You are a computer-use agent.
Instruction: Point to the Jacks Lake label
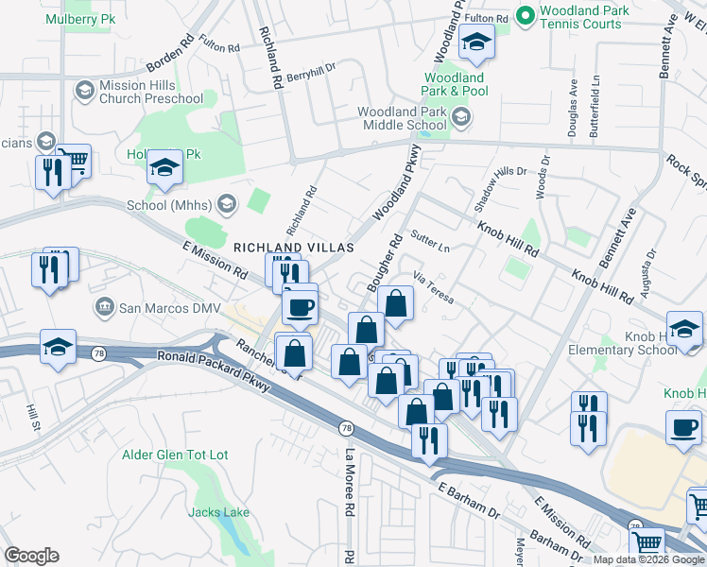(x=218, y=512)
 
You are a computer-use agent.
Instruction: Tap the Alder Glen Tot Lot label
(x=176, y=455)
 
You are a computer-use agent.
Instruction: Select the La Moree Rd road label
(x=349, y=482)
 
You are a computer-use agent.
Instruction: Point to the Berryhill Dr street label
(x=312, y=72)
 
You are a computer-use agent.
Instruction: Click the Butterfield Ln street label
(x=595, y=111)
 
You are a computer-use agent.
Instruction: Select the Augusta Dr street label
(x=647, y=273)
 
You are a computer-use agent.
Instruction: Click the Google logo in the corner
(x=32, y=555)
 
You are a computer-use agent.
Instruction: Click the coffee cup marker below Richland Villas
(x=301, y=306)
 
